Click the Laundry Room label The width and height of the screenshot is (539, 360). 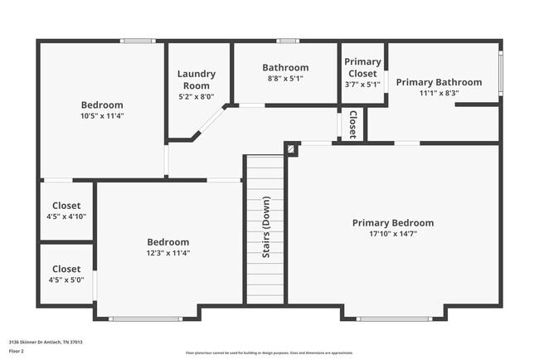[196, 80]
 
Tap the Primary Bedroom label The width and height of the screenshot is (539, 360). [392, 222]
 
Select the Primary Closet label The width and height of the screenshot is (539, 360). [362, 67]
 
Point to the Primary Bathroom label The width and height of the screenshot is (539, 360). [439, 82]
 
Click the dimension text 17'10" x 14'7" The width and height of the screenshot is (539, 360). [392, 234]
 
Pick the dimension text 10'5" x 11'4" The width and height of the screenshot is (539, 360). [102, 116]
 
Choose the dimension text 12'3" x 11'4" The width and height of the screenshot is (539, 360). [168, 253]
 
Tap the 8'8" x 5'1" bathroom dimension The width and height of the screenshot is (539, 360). [285, 79]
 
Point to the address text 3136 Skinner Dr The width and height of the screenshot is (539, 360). [46, 342]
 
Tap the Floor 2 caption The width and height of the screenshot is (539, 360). [17, 352]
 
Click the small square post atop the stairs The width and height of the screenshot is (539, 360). [291, 148]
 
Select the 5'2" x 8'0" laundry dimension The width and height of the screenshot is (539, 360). [196, 96]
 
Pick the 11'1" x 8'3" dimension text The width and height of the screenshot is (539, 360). [439, 93]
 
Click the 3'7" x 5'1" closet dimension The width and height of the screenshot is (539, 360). [362, 84]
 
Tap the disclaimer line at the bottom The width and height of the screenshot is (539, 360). [269, 353]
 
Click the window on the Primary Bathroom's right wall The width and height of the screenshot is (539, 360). [501, 74]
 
